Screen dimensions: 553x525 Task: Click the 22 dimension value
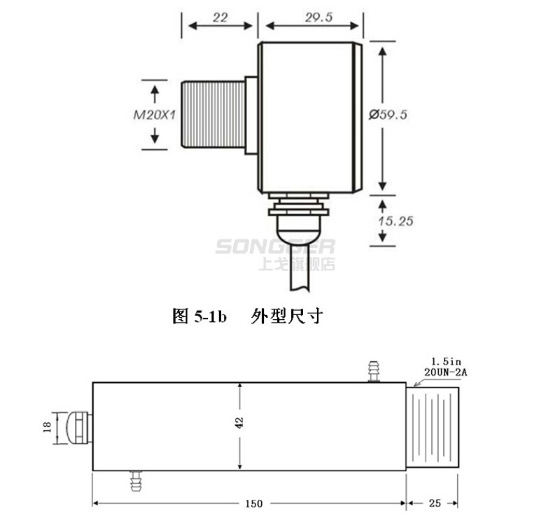coord(220,17)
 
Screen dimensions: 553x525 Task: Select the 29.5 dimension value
coord(318,17)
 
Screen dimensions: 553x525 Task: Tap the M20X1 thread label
coord(155,115)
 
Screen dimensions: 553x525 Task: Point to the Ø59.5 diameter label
coord(388,114)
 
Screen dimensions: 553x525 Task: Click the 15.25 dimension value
coord(395,221)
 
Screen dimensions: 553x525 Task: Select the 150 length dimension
coord(254,503)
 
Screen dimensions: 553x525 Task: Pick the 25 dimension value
coord(435,503)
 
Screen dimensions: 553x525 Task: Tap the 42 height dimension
coord(239,422)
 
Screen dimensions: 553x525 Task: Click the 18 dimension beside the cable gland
coord(48,427)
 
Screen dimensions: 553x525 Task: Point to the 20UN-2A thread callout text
coord(445,372)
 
